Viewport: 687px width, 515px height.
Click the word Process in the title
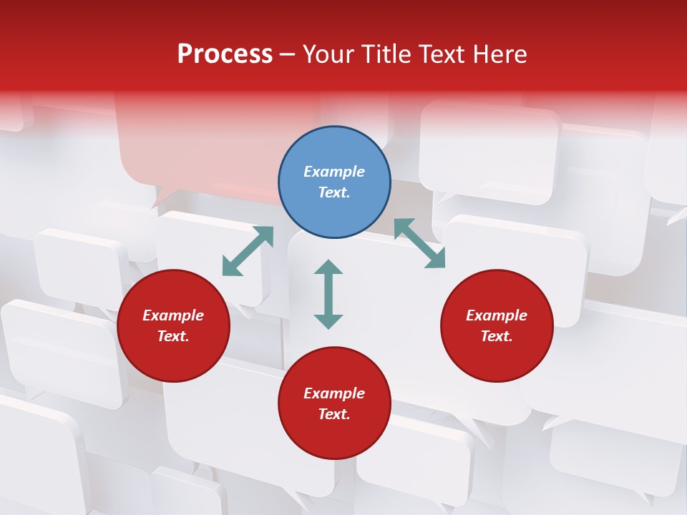pyautogui.click(x=225, y=54)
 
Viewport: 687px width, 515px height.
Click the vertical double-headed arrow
pyautogui.click(x=328, y=294)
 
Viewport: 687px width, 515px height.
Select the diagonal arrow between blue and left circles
pyautogui.click(x=248, y=251)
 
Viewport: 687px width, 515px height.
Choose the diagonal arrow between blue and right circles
pyautogui.click(x=419, y=243)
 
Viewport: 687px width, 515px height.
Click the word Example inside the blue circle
pyautogui.click(x=334, y=172)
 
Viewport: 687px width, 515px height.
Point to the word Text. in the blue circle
pyautogui.click(x=334, y=192)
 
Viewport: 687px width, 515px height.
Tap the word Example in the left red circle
pyautogui.click(x=173, y=315)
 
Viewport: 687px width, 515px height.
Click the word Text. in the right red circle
pyautogui.click(x=497, y=336)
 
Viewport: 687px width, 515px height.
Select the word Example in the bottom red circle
pyautogui.click(x=334, y=393)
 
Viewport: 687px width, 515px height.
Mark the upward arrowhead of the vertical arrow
pyautogui.click(x=328, y=268)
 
